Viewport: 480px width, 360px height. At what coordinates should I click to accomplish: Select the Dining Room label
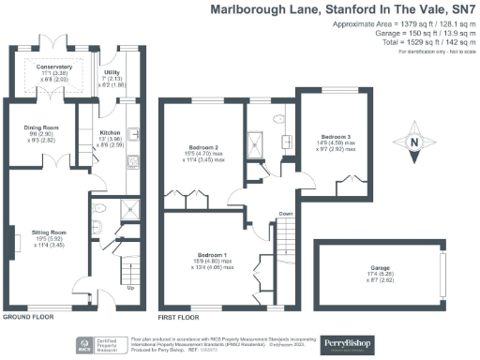pos(41,127)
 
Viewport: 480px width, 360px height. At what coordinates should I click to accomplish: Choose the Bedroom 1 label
pos(213,255)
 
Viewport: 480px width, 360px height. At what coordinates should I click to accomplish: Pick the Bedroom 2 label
pos(203,148)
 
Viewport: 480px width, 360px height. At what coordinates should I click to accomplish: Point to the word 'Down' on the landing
pos(286,215)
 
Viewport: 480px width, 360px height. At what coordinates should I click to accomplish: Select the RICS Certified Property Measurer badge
pos(88,342)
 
